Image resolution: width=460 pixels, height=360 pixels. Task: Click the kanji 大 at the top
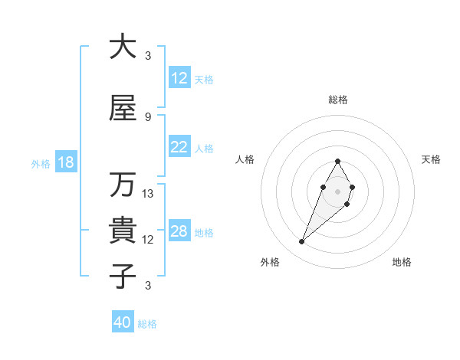(x=123, y=47)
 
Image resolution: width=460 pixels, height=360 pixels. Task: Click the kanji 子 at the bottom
(x=123, y=276)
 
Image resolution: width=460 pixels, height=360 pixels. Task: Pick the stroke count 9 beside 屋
(x=148, y=117)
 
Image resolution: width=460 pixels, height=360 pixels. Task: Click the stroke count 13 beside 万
(x=148, y=194)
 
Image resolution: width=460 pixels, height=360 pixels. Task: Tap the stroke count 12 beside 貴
(x=148, y=240)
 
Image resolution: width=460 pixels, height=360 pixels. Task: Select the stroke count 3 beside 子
(x=148, y=286)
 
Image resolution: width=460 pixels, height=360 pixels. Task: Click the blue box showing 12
(x=179, y=78)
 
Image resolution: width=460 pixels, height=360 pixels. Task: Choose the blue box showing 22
(x=179, y=148)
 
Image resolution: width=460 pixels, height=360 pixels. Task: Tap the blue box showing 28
(x=179, y=232)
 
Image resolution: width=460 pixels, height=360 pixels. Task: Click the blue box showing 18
(x=64, y=163)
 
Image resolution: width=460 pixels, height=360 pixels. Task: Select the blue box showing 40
(x=123, y=322)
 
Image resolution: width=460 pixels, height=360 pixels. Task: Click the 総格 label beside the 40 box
(x=148, y=324)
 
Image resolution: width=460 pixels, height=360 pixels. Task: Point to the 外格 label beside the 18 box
(x=41, y=164)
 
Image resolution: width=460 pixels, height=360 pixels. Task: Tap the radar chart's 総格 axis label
(x=337, y=100)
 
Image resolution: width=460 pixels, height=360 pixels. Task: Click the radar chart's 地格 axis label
(x=402, y=263)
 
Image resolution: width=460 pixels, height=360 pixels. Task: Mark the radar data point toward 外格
(x=302, y=242)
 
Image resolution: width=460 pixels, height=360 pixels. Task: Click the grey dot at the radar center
(x=337, y=191)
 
